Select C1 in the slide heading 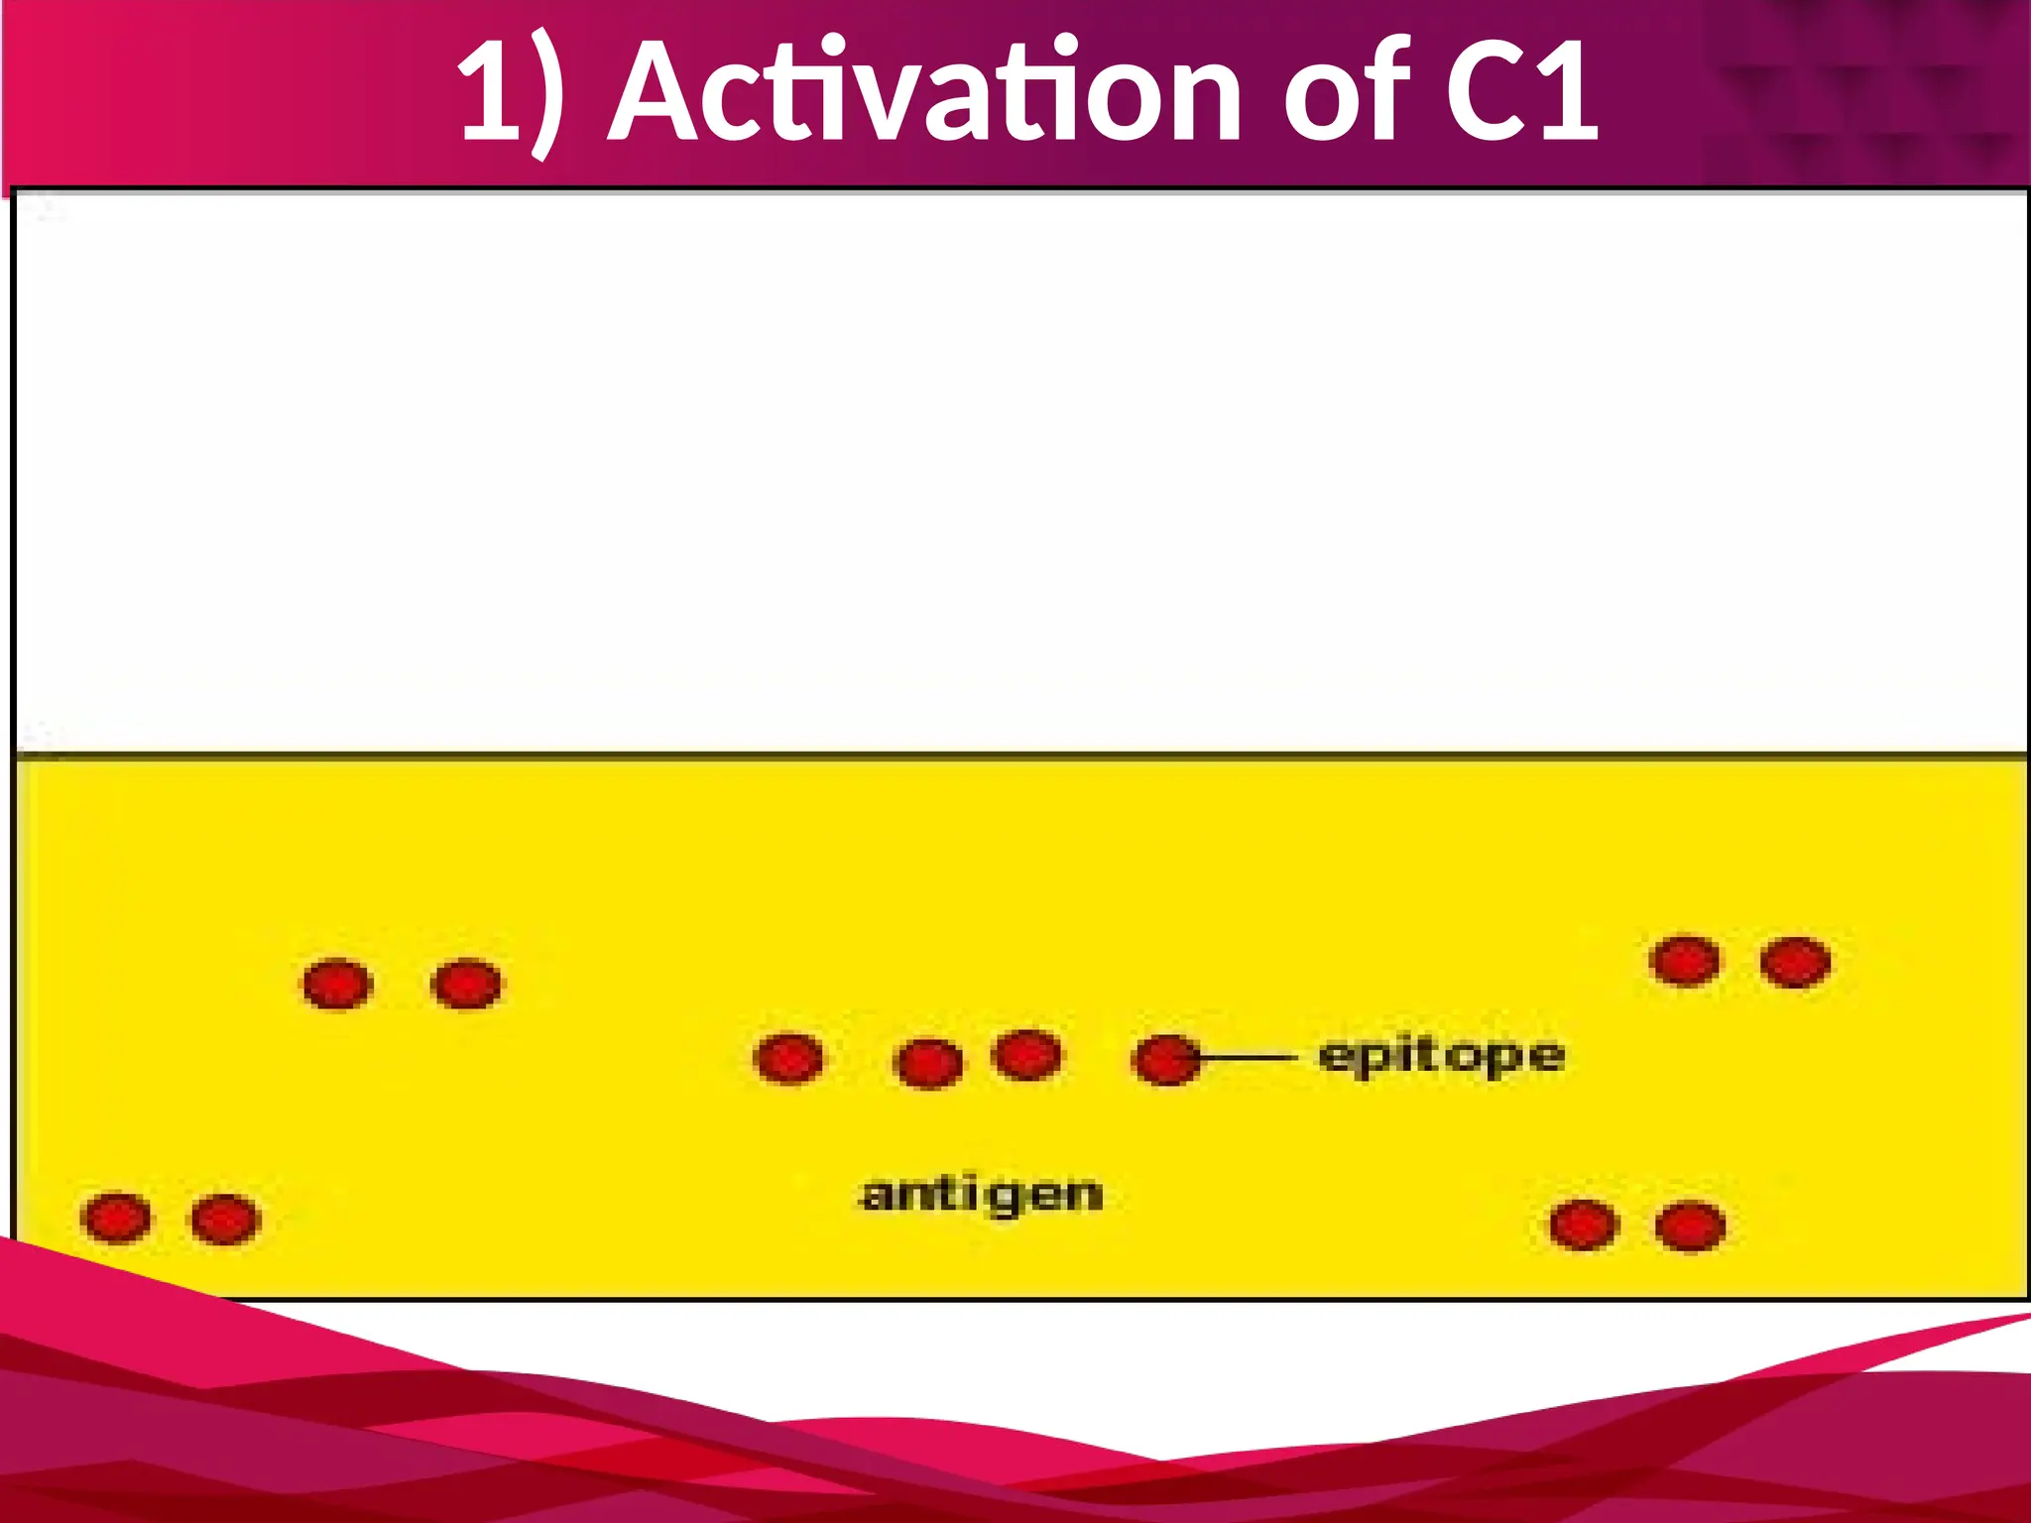pos(1521,93)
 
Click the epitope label pos(1441,1057)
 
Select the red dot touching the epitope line pos(1165,1060)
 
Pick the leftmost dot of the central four pos(788,1059)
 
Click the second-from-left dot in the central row pos(927,1064)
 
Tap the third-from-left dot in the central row pos(1026,1054)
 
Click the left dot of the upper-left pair pos(337,985)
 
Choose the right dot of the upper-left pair pos(467,985)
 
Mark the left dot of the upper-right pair pos(1685,961)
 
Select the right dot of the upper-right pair pos(1795,962)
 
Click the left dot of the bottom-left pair pos(117,1218)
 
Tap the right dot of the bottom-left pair pos(225,1219)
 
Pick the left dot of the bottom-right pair pos(1584,1225)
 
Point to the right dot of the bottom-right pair pos(1690,1226)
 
